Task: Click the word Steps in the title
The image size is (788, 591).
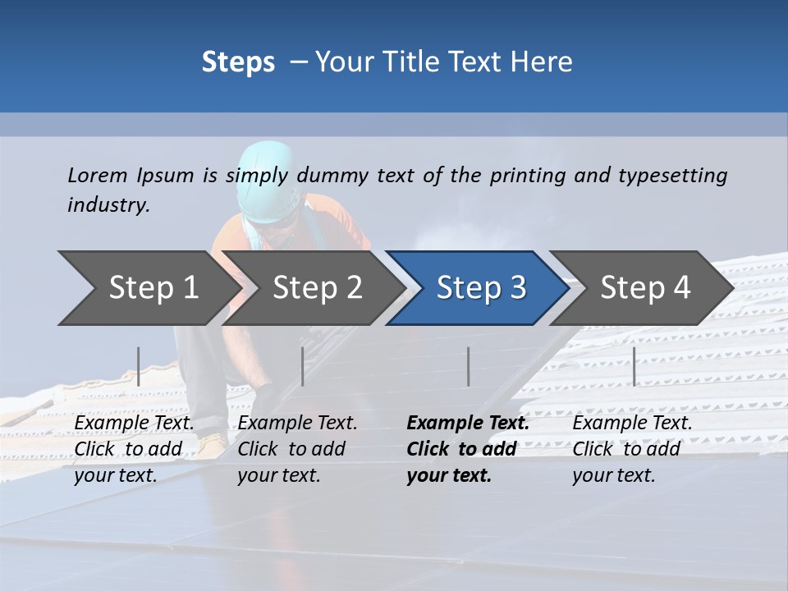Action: tap(238, 62)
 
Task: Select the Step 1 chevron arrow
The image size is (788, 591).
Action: tap(148, 288)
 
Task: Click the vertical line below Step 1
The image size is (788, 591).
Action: tap(139, 366)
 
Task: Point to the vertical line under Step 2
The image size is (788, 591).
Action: tap(303, 366)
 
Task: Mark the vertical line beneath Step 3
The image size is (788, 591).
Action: tap(469, 366)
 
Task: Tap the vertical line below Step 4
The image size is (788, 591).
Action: tap(634, 366)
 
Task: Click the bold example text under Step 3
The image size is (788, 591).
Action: tap(466, 449)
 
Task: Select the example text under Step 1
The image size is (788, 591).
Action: tap(134, 449)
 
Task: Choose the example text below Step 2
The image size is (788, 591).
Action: tap(297, 449)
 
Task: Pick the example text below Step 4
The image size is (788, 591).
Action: tap(631, 449)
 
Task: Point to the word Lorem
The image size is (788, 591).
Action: tap(98, 175)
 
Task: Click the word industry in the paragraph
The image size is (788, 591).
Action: tap(108, 205)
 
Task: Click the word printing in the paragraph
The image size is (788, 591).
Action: tap(527, 176)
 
